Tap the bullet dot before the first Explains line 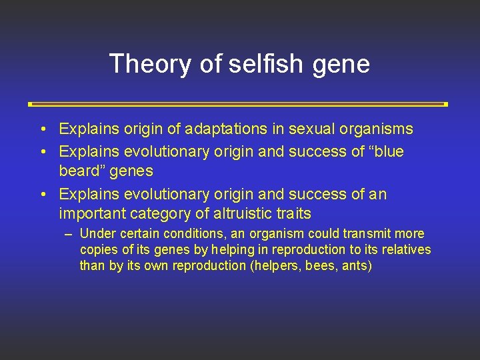click(x=43, y=129)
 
